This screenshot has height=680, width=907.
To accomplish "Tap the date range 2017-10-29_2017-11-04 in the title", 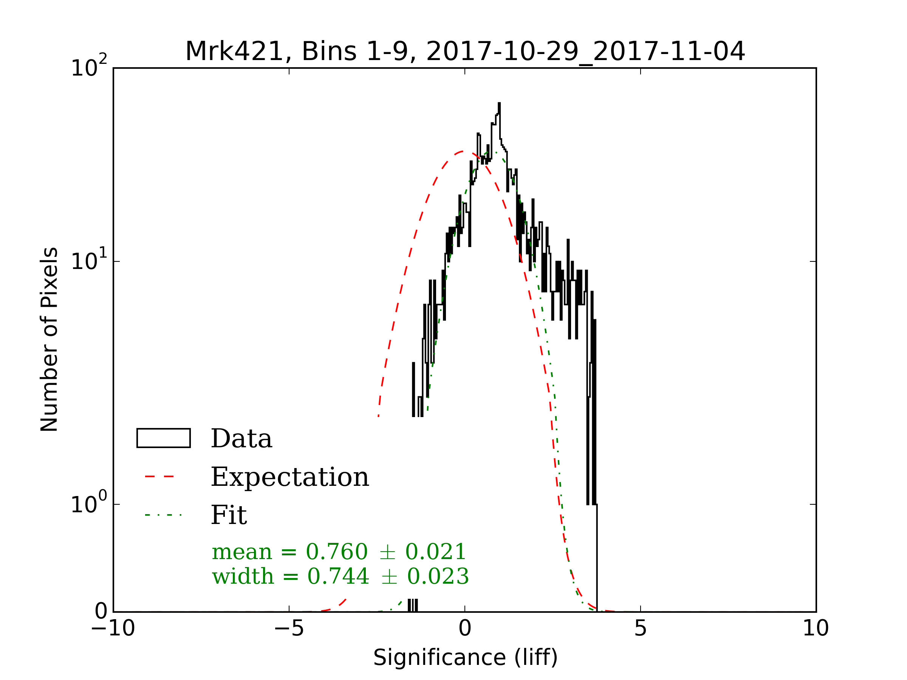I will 585,52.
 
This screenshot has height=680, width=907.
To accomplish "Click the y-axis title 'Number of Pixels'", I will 49,339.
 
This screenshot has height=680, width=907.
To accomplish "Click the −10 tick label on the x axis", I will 113,628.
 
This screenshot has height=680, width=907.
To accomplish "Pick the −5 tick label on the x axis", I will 289,628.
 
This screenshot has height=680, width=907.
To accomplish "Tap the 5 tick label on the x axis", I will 641,628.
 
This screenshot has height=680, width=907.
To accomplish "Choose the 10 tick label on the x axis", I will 816,628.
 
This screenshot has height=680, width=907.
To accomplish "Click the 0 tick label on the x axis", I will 465,628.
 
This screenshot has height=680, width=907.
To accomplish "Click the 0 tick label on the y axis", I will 101,612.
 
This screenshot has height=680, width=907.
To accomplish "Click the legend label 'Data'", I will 241,439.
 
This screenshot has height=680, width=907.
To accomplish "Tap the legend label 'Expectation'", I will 290,477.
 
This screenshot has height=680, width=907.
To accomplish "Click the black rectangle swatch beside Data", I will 164,438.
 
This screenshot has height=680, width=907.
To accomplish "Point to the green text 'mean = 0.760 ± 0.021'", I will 339,552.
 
